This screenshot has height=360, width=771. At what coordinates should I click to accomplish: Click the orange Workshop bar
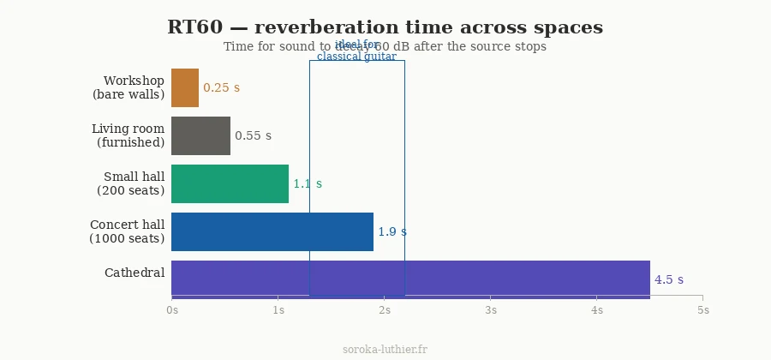[185, 87]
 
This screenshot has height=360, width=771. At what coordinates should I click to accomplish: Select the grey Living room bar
[200, 135]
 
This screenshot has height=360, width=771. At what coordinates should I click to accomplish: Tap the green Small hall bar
[230, 183]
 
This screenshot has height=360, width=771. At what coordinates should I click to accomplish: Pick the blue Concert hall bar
[272, 231]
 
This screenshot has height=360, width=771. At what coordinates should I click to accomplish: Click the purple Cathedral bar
[410, 279]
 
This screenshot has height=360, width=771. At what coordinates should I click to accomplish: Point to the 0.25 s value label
[221, 87]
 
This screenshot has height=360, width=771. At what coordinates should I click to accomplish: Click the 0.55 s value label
[253, 135]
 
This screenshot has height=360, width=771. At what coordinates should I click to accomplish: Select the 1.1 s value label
[308, 183]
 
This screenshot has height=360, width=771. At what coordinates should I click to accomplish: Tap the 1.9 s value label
[392, 231]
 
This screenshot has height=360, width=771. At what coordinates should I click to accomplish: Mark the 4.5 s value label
[668, 279]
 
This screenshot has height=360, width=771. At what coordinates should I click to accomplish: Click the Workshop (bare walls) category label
[128, 87]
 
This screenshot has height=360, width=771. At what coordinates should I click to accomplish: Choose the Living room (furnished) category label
[128, 135]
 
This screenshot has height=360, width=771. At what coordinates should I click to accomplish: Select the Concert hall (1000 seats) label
[127, 231]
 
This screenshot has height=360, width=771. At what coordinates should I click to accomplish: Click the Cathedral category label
[134, 273]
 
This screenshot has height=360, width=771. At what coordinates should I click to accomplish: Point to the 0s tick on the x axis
[172, 309]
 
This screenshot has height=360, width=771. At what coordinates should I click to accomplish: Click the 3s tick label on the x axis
[491, 309]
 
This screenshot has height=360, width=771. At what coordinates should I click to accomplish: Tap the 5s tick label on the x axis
[702, 309]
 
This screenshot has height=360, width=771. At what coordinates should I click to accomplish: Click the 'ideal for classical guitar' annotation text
[356, 51]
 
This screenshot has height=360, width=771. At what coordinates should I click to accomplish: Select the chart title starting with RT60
[385, 27]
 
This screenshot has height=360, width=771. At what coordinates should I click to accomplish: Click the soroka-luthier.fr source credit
[385, 349]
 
